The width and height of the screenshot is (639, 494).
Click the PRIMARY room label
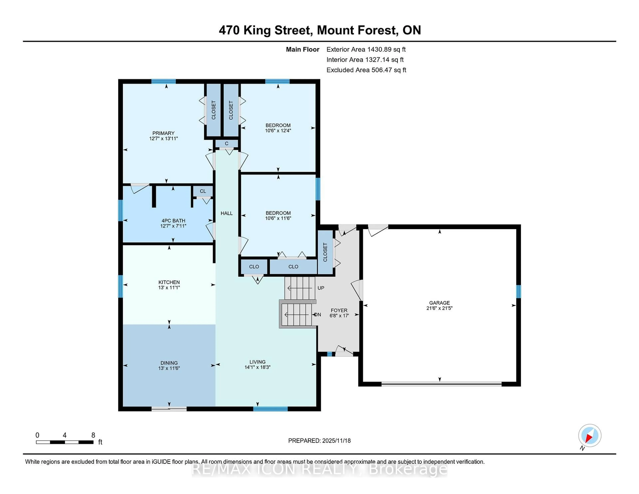(163, 133)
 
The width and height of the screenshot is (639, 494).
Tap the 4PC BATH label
(173, 221)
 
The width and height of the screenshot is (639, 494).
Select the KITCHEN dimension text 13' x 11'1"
(169, 288)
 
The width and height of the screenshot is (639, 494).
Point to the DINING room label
(169, 363)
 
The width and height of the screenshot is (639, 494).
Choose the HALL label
(226, 213)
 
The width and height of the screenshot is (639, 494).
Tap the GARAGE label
(439, 303)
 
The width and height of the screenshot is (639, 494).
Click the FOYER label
(339, 311)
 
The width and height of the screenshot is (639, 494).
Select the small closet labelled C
(226, 144)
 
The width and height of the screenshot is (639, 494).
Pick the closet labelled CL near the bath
(203, 191)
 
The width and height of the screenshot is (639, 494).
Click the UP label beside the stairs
(321, 288)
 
